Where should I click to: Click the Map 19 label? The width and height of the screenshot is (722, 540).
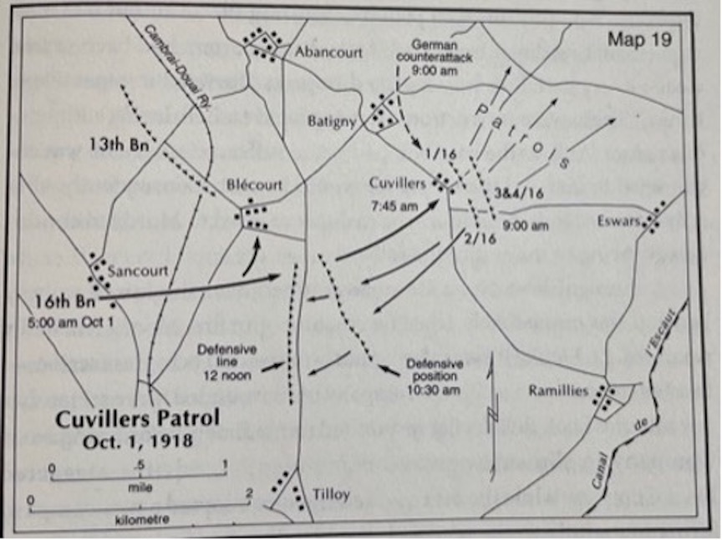coord(640,38)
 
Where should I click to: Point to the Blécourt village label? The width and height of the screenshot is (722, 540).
coord(253,185)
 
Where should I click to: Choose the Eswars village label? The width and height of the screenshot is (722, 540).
coord(618,221)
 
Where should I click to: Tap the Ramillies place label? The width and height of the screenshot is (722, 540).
coord(559,389)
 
